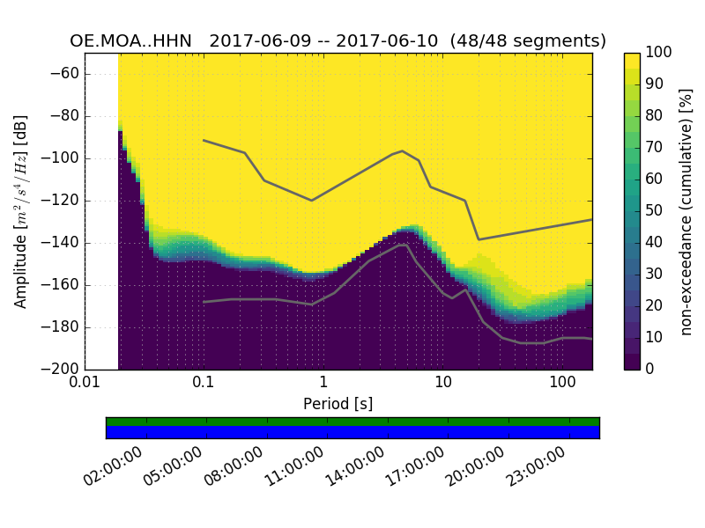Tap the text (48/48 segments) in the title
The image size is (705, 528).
click(529, 41)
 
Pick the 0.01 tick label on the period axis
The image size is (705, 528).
click(85, 384)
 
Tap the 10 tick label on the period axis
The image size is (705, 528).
click(443, 384)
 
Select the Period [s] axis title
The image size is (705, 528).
click(338, 404)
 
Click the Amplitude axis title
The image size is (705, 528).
click(20, 211)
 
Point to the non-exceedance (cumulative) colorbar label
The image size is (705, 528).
click(687, 211)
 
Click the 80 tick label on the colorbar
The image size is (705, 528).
click(655, 116)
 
